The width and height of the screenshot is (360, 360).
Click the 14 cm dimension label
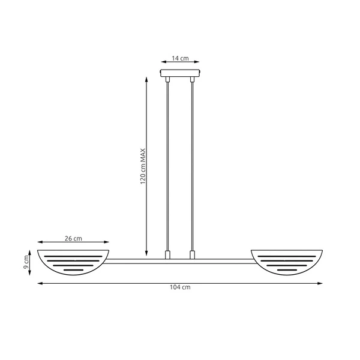180,58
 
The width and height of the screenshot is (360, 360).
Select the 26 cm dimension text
73,239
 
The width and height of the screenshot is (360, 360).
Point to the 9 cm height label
27,262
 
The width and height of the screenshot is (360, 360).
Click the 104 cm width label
180,288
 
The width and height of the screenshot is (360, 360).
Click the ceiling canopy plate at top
180,74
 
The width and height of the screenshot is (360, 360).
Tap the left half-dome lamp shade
74,260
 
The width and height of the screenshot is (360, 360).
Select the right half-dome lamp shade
287,260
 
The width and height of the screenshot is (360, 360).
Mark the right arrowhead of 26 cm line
108,244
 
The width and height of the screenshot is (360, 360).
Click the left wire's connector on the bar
167,255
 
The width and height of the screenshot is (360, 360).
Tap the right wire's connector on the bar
193,255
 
